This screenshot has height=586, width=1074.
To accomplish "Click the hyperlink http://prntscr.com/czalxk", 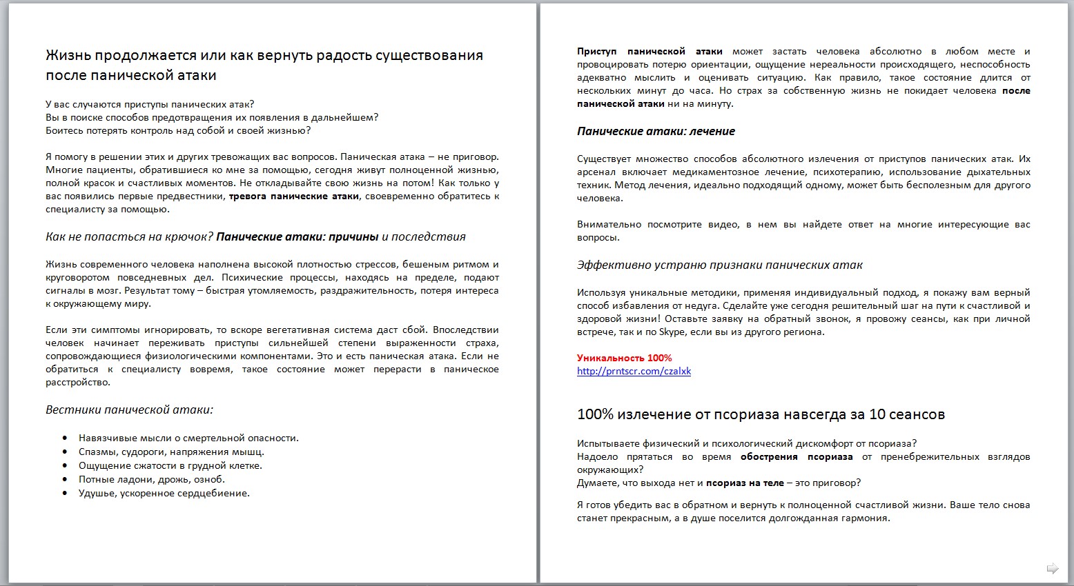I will tap(634, 371).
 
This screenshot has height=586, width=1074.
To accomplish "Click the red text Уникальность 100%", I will tap(624, 358).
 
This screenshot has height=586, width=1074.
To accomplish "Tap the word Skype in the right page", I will tap(672, 332).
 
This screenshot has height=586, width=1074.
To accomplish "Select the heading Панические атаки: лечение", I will tap(656, 131).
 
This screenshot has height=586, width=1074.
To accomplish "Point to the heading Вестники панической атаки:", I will tap(129, 410).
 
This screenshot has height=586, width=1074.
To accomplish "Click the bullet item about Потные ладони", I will tap(151, 479).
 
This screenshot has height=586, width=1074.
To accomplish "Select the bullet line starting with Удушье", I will tap(164, 493).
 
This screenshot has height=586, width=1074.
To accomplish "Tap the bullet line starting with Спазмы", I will tap(171, 452).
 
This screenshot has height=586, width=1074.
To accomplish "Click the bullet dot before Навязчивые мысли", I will tap(65, 438).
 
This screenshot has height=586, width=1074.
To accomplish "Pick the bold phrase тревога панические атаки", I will tap(293, 196).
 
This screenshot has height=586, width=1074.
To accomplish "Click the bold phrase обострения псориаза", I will tap(796, 456).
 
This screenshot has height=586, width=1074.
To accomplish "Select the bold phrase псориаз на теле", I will tap(745, 483).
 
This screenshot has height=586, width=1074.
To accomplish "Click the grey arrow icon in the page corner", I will tap(1053, 568).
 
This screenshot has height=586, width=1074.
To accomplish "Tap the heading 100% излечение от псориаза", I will tap(760, 414).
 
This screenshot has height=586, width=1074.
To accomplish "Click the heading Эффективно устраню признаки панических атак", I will tap(719, 265).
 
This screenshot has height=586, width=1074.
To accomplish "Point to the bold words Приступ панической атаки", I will tap(649, 51).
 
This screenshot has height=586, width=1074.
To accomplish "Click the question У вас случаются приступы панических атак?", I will tap(150, 104).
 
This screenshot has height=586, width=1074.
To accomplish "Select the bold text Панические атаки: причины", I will tap(297, 236).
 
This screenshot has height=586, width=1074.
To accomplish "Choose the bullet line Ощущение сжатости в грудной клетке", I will tap(170, 465).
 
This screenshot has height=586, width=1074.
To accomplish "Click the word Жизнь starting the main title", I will tap(68, 55).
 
